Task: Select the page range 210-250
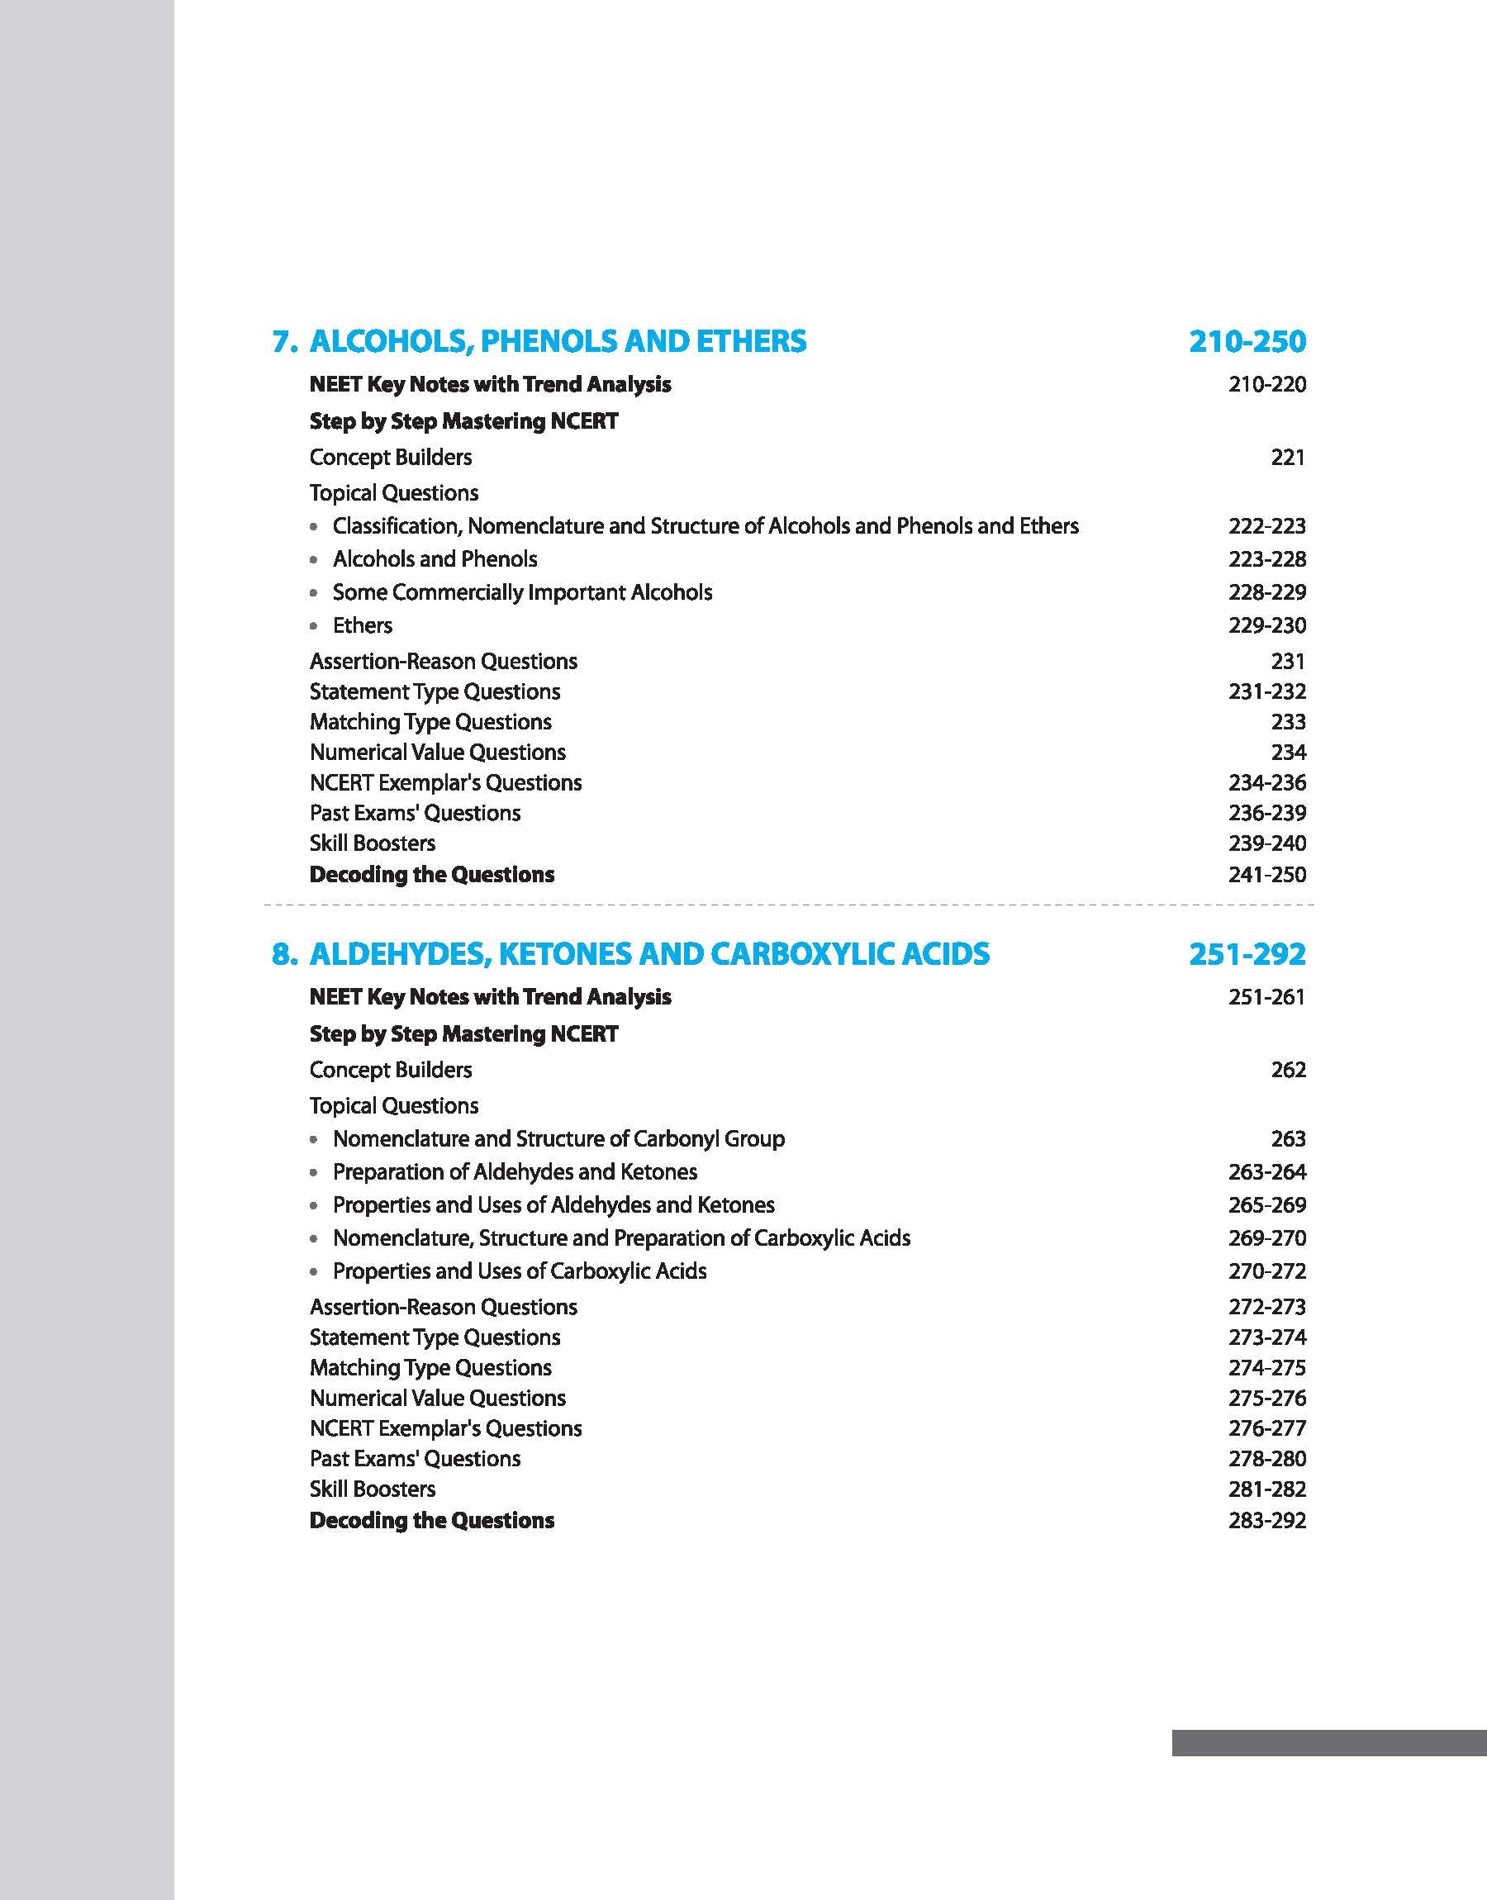click(x=1247, y=341)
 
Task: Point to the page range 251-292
click(x=1247, y=954)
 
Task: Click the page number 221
click(x=1288, y=457)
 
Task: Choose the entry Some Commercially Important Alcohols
click(x=521, y=592)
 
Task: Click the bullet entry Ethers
click(x=362, y=626)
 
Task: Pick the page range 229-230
click(x=1266, y=626)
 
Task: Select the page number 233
click(x=1288, y=721)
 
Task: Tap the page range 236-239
click(x=1266, y=813)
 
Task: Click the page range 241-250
click(x=1266, y=875)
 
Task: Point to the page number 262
click(x=1288, y=1070)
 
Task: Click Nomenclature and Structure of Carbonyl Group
click(x=558, y=1139)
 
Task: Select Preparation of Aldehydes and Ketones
click(x=515, y=1172)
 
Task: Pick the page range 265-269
click(x=1266, y=1205)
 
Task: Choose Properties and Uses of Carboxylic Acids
click(x=519, y=1271)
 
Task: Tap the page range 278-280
click(x=1266, y=1459)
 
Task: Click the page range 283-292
click(x=1266, y=1521)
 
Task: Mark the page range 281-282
click(x=1266, y=1489)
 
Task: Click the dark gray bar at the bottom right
click(x=1328, y=1742)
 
